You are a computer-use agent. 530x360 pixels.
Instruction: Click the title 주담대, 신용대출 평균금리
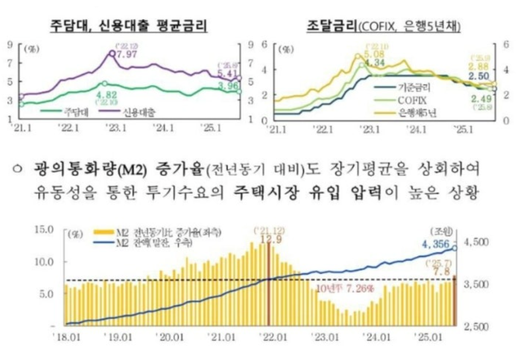(129, 25)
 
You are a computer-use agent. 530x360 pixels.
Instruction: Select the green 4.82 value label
(103, 94)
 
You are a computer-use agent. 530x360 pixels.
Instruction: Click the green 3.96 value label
(228, 86)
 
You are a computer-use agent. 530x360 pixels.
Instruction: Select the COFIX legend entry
(412, 100)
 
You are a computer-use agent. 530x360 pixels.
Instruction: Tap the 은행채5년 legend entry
(417, 113)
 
